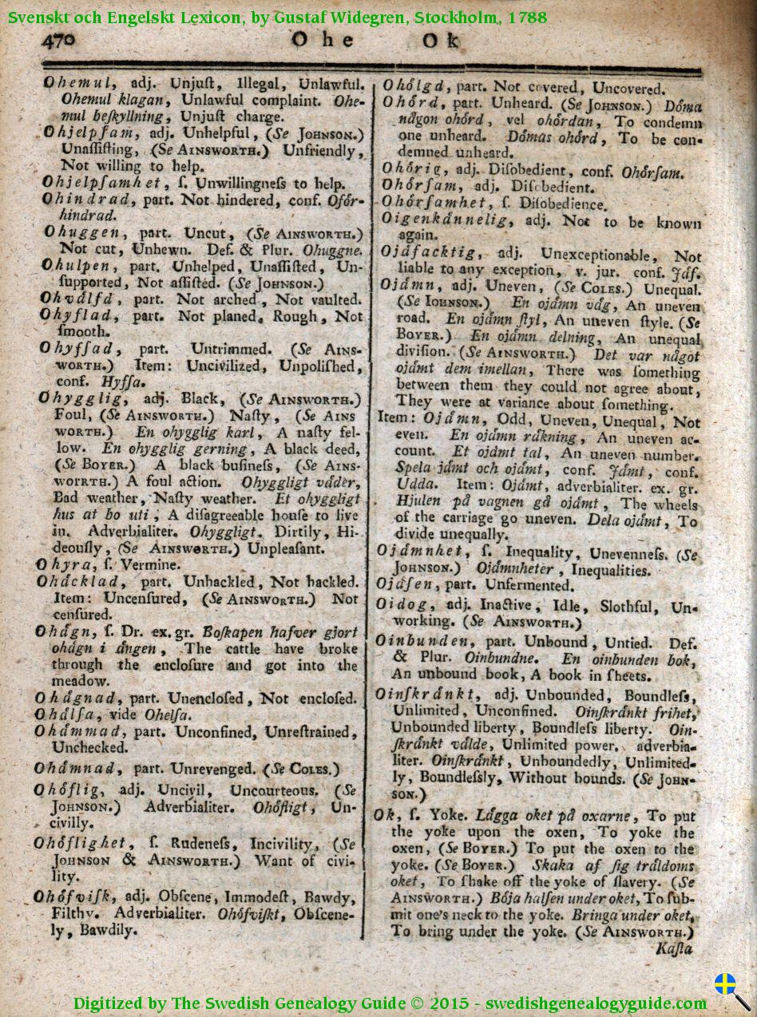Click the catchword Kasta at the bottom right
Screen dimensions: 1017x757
[674, 949]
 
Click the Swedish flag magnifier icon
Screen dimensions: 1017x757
[731, 989]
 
